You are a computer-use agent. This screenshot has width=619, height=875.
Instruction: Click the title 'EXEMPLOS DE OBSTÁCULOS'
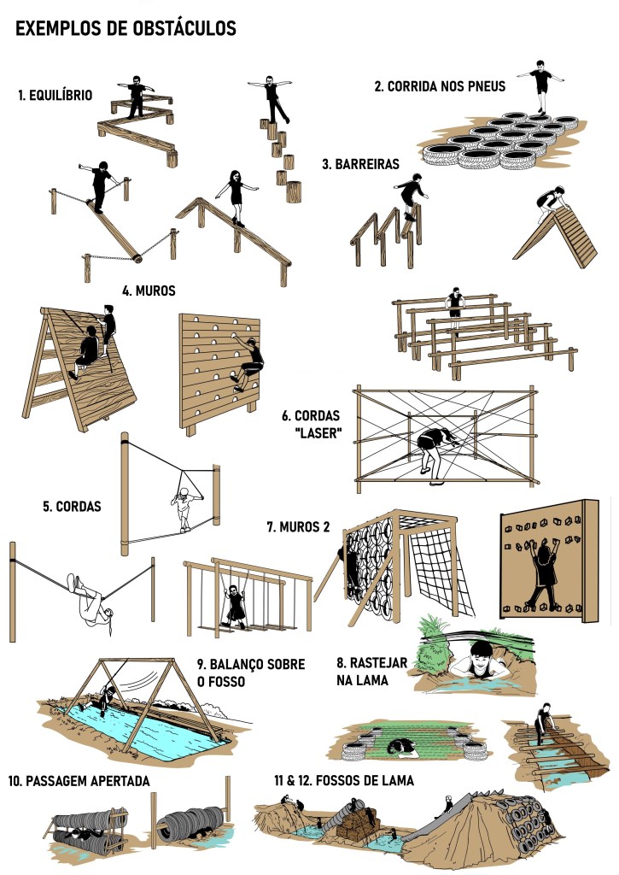coord(126,28)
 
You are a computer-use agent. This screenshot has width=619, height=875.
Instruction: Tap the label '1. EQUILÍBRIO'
coord(55,96)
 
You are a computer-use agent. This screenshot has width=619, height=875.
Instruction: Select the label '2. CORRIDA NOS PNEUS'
coord(440,86)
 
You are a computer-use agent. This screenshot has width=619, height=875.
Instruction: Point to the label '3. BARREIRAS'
coord(361,164)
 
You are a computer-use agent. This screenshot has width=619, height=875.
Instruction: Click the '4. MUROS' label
coord(149,291)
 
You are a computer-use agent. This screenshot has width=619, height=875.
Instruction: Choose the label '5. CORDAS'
coord(72,507)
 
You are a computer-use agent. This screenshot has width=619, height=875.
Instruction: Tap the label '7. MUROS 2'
coord(298,526)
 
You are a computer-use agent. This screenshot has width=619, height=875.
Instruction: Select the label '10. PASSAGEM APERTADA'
coord(79,781)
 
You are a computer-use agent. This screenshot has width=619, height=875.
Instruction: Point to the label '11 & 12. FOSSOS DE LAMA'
coord(343,780)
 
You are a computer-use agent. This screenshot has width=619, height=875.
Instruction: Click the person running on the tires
coord(540,86)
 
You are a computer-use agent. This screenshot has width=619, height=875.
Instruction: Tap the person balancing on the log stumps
coord(271,99)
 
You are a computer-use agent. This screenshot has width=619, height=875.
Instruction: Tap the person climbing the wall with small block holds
coord(544,575)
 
